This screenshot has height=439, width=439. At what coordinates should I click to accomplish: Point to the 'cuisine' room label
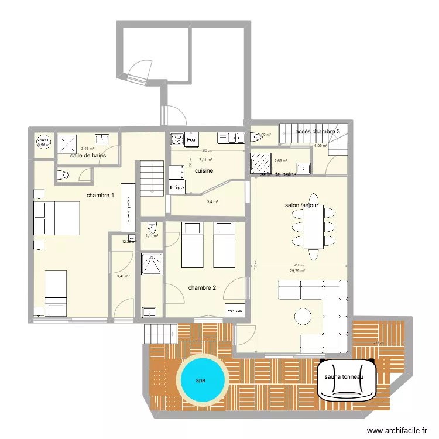coord(204,171)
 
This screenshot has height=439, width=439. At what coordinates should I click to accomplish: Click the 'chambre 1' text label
coord(100,196)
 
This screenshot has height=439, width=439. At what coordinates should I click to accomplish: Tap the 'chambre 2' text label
coord(202,287)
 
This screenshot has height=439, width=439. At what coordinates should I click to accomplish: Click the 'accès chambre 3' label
coord(318,132)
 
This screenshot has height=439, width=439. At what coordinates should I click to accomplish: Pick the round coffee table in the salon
coord(303,316)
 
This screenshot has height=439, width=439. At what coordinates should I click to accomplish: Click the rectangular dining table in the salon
coord(314,227)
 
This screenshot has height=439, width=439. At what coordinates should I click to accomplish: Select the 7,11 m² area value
coord(205,159)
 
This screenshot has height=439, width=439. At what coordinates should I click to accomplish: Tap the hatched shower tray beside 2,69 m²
coord(259,161)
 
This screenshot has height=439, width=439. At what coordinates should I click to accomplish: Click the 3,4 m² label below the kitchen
coord(212,202)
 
